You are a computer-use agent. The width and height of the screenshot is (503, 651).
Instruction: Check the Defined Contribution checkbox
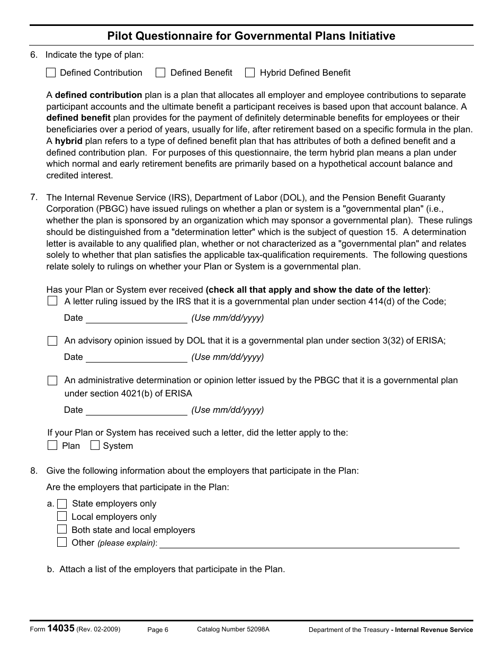tap(51, 73)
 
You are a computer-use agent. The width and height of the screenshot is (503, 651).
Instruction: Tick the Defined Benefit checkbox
tap(160, 73)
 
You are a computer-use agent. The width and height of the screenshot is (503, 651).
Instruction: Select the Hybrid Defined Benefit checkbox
tap(250, 73)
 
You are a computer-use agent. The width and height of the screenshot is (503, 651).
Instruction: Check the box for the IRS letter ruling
tap(52, 301)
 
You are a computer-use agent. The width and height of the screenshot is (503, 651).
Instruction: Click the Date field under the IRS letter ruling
tap(136, 318)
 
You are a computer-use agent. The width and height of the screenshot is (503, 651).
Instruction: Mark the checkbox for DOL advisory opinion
tap(52, 341)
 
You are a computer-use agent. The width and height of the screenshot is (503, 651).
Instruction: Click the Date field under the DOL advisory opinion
tap(136, 357)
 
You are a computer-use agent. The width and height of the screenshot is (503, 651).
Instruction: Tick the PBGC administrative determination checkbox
tap(52, 380)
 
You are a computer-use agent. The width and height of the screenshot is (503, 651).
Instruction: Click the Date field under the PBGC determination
tap(136, 410)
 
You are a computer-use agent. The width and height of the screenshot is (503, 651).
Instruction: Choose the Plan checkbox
tap(52, 445)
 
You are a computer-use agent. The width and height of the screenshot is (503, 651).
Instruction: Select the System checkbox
tap(95, 445)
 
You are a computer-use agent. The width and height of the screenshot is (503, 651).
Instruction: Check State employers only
tap(62, 504)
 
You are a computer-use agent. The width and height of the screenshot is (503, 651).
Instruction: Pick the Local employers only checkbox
tap(62, 517)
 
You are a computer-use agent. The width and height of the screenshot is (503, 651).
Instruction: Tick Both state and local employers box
tap(62, 529)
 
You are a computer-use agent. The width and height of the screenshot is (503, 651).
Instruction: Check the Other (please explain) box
tap(62, 542)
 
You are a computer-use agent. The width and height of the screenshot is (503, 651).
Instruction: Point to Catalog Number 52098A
tap(233, 629)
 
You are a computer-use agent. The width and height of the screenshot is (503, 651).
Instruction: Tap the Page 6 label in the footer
tap(157, 629)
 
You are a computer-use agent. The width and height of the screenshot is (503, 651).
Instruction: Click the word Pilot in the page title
tap(120, 36)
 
